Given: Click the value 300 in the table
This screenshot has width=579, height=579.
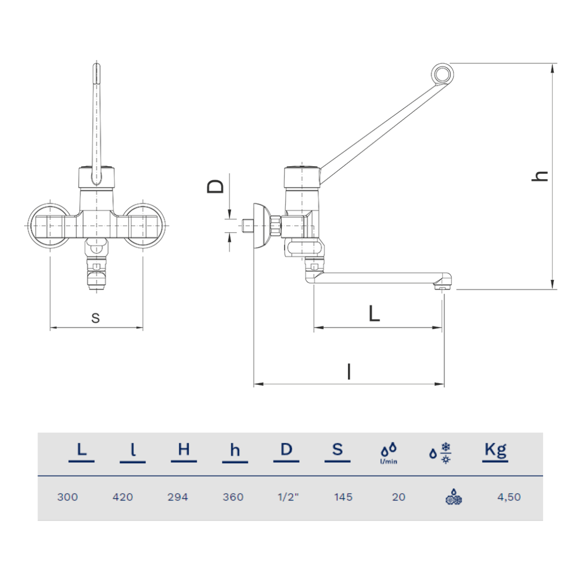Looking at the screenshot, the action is (68, 497).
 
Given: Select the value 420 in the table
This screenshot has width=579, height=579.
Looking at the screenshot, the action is (123, 497).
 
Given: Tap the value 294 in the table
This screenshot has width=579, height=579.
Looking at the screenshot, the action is (177, 497).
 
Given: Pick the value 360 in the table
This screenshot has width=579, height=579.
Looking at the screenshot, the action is (233, 497).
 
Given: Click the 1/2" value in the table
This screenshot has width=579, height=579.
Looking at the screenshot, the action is (288, 497).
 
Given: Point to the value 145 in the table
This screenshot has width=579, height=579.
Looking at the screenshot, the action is (344, 497).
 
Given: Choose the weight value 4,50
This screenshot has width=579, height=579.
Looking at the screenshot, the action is (509, 497).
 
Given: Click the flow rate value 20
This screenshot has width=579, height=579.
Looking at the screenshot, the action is (399, 497).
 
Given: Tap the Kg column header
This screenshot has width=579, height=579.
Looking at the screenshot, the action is (495, 450).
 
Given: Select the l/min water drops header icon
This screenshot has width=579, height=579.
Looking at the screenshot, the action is (389, 453).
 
